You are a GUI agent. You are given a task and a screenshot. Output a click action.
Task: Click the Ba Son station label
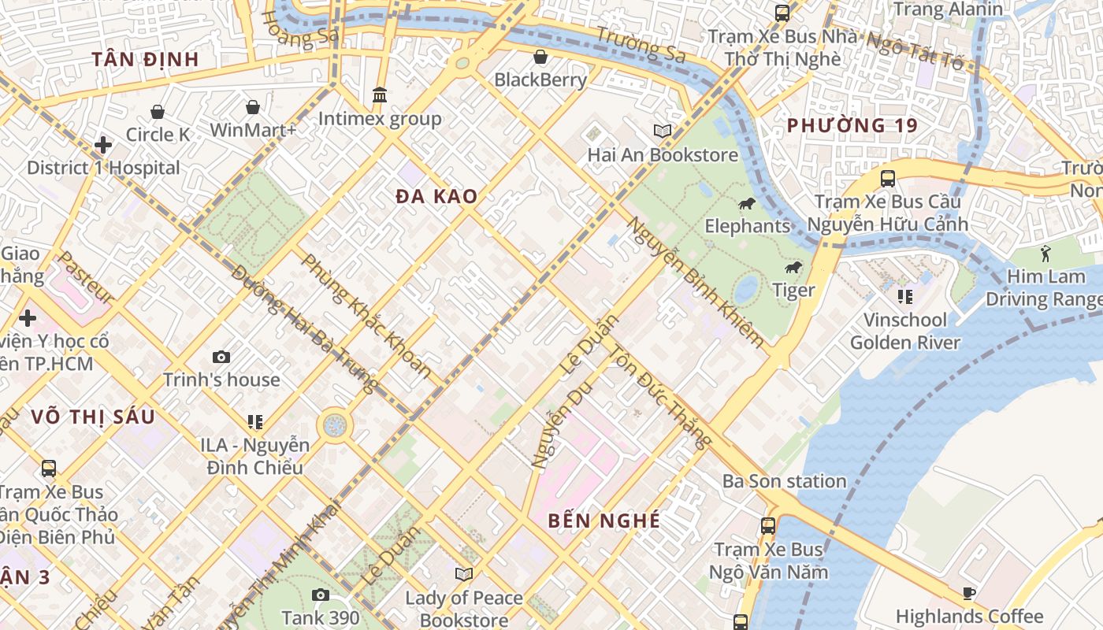[784, 480]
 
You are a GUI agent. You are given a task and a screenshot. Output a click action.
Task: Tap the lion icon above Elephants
[746, 205]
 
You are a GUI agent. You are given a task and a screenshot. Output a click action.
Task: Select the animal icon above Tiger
[793, 269]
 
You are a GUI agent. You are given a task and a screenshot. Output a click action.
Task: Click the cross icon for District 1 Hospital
[102, 145]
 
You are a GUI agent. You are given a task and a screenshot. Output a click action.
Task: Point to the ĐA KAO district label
[436, 196]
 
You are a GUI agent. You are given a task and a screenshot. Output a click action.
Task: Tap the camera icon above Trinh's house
[221, 358]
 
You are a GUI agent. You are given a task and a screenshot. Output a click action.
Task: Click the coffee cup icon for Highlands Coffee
[969, 594]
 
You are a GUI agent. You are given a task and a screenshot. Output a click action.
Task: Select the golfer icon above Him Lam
[1045, 254]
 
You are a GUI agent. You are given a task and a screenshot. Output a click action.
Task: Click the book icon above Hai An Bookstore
[663, 132]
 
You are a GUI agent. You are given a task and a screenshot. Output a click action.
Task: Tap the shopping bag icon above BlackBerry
[540, 57]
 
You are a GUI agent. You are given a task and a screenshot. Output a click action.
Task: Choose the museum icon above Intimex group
[380, 95]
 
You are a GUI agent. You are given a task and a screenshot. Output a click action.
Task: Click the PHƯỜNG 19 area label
[852, 125]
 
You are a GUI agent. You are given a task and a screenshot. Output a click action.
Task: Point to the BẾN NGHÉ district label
[604, 521]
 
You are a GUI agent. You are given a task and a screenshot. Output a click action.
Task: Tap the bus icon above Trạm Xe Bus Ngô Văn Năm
[768, 525]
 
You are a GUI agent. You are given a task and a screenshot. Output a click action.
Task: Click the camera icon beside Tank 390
[320, 595]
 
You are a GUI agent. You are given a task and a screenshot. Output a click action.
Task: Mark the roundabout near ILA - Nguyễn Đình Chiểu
[335, 426]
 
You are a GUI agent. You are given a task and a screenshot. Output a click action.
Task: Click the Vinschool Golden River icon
[904, 297]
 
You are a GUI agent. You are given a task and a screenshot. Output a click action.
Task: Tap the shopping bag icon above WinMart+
[253, 107]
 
